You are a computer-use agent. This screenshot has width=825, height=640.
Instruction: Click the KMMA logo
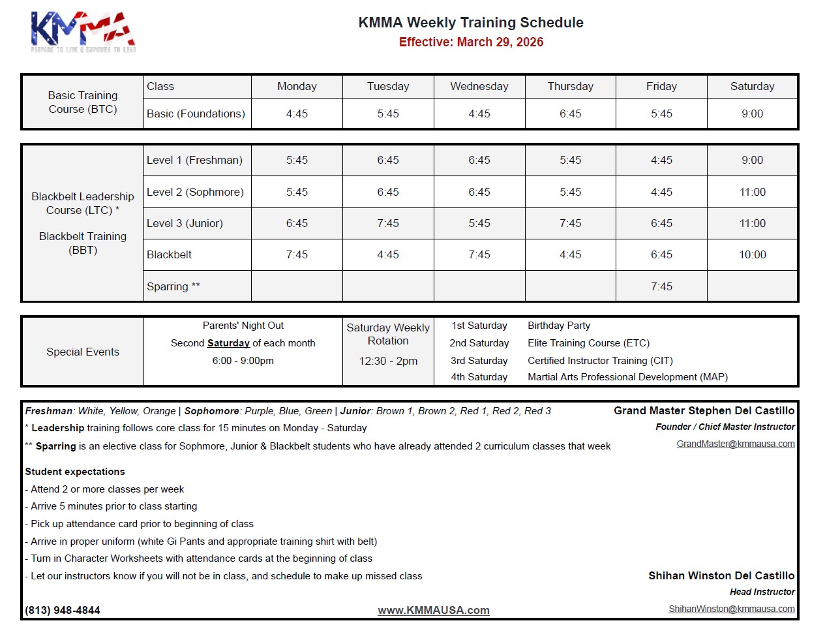[83, 31]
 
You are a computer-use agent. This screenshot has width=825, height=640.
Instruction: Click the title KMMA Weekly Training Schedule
[470, 23]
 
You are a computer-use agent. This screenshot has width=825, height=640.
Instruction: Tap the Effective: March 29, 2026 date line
[471, 42]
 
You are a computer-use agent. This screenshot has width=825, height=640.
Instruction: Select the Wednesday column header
[479, 87]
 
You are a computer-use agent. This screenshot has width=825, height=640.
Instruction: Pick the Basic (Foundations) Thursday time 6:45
[570, 114]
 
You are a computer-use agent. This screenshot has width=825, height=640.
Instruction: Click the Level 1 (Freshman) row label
[194, 160]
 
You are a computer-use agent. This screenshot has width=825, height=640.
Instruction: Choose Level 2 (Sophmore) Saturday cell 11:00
[752, 192]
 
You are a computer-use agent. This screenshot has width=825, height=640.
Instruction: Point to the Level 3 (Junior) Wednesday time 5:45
[479, 224]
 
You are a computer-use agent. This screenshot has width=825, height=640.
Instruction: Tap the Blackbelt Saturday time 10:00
[752, 255]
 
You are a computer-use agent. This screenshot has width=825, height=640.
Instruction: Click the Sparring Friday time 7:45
[661, 287]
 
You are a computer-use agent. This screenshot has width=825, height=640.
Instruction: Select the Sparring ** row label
[173, 287]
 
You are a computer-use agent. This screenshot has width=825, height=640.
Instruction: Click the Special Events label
[83, 352]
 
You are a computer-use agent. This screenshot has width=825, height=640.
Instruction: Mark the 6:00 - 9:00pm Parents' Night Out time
[243, 361]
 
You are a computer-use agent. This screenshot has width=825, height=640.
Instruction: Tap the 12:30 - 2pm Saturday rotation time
[388, 361]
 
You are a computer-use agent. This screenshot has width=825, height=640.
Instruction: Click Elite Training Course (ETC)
[588, 343]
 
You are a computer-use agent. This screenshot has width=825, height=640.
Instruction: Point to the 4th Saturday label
[479, 377]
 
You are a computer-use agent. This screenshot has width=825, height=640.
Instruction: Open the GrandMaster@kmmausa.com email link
[735, 444]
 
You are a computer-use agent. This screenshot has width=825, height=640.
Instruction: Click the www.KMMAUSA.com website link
[434, 611]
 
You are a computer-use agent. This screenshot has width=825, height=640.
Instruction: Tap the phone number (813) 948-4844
[63, 611]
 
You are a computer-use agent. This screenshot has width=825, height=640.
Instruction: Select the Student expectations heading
[75, 472]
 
